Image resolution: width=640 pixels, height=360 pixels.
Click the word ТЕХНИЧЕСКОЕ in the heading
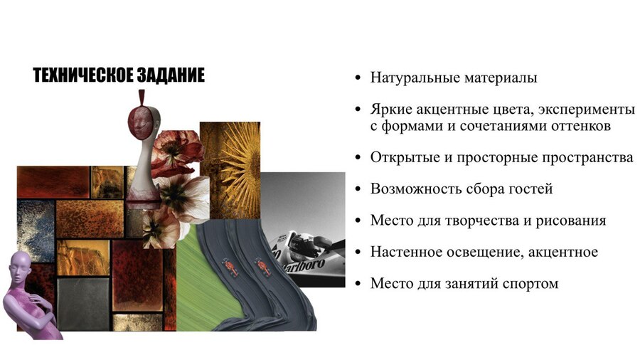point(83,75)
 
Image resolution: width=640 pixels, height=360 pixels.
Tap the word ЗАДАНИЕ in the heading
point(171,75)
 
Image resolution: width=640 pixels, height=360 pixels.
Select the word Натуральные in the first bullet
point(410,78)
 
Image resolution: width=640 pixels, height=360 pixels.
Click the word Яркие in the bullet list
point(391,110)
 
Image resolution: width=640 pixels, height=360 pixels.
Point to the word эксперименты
point(587,110)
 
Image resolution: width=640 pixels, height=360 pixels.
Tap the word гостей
point(531,189)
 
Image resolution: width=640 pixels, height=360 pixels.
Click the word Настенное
point(403,252)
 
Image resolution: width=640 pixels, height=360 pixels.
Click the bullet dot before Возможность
point(358,189)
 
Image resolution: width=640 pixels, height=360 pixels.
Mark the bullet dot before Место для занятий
point(358,284)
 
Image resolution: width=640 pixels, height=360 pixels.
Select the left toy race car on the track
point(230,266)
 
